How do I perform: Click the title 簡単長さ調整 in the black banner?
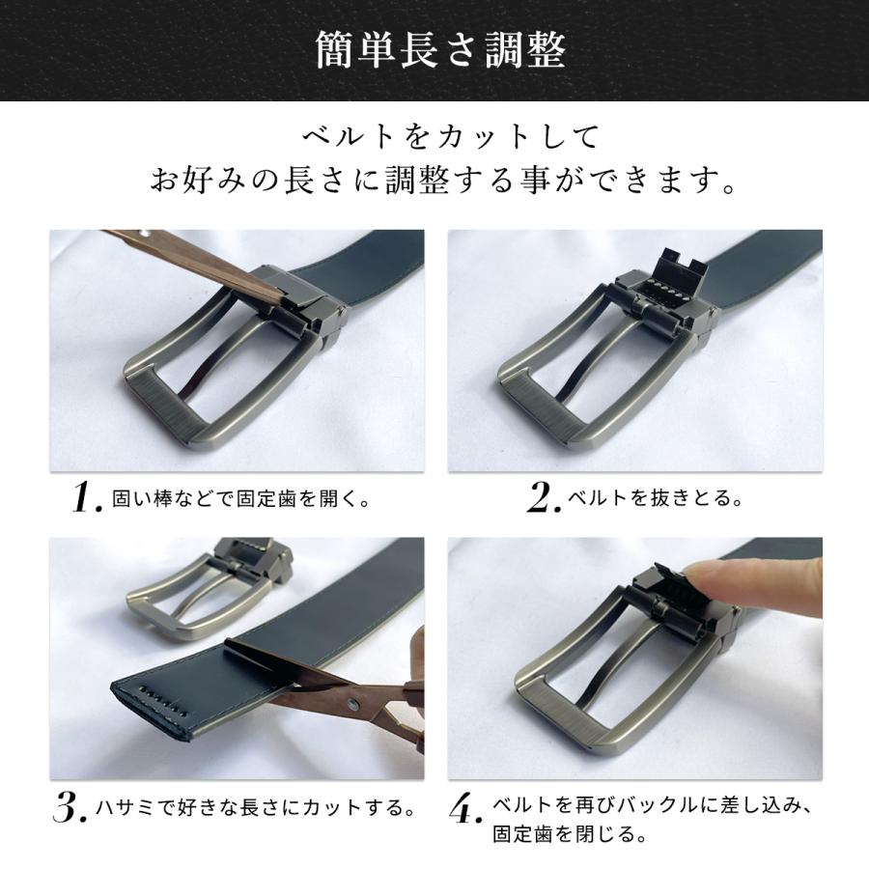440,50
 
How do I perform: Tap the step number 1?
88,497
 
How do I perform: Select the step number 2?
544,497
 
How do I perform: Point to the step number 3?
70,807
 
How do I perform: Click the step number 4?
465,810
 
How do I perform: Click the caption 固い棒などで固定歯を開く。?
241,499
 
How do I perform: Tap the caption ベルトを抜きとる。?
655,499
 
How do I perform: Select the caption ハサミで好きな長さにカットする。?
256,807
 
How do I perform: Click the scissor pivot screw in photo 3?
352,705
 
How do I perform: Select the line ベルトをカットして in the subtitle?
450,137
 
